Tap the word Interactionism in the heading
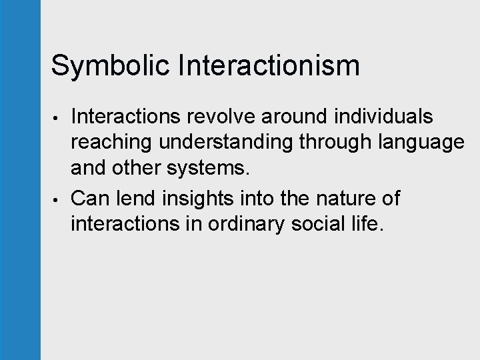pyautogui.click(x=269, y=65)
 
